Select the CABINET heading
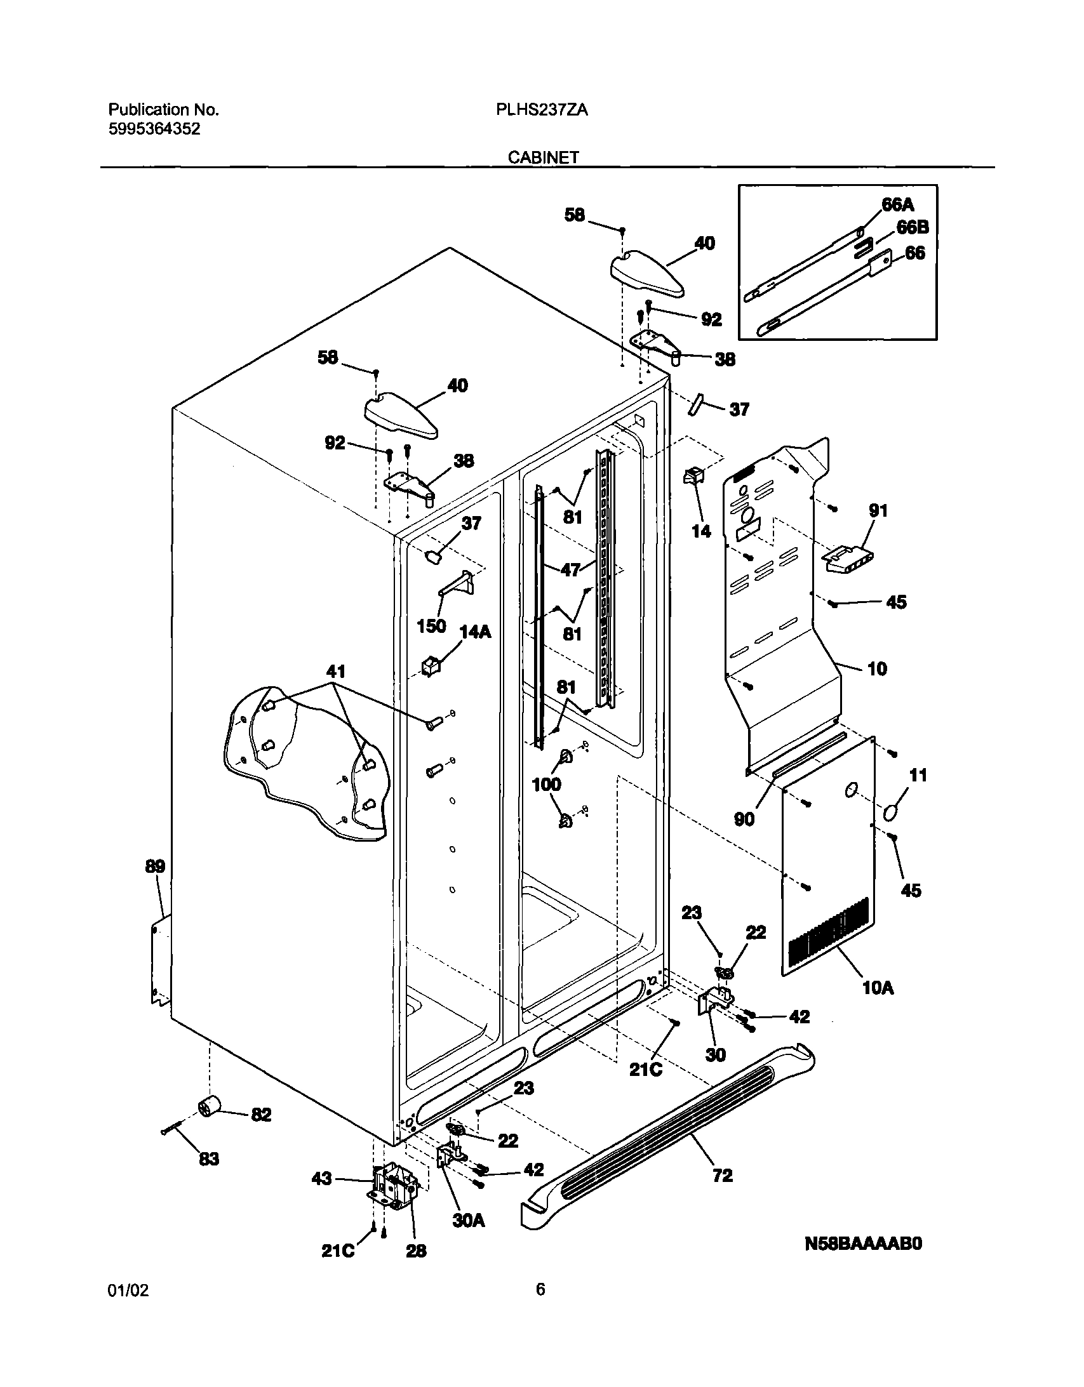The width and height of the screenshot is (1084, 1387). click(543, 157)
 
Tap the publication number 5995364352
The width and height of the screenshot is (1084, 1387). click(154, 129)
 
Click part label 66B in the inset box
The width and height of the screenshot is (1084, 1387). click(913, 227)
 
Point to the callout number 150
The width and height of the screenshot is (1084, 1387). click(431, 626)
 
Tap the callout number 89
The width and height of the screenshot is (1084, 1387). click(155, 866)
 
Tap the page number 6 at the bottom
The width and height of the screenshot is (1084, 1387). click(540, 1289)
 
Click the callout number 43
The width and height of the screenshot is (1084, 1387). click(321, 1179)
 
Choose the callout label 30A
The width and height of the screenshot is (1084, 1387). click(468, 1220)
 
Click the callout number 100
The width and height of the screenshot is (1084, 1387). click(547, 785)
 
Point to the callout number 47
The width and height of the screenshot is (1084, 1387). click(572, 569)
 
